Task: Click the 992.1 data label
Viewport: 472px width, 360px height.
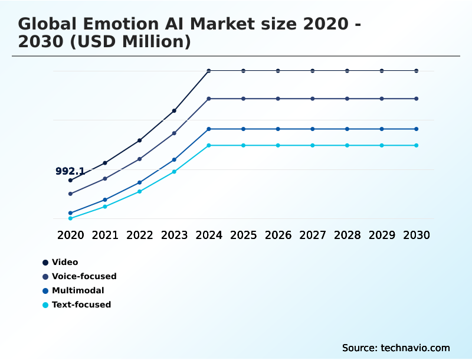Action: click(70, 172)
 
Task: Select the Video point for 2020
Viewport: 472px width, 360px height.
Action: click(70, 180)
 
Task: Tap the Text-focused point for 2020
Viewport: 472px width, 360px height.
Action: click(70, 218)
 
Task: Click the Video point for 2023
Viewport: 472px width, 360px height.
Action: click(174, 110)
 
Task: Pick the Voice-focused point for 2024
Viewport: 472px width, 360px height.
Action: click(209, 99)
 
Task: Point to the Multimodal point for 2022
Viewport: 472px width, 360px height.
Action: click(140, 182)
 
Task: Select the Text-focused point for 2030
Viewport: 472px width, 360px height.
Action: click(417, 145)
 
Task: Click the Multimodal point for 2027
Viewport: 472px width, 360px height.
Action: click(313, 129)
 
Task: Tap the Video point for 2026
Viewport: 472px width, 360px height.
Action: click(278, 71)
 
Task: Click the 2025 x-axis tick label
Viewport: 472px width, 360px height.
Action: click(243, 235)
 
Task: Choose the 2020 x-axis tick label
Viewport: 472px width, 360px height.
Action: click(70, 235)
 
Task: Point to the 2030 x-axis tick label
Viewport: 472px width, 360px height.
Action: click(417, 235)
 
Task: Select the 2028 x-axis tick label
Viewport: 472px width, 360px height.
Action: click(347, 235)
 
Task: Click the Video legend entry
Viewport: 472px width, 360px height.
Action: click(64, 262)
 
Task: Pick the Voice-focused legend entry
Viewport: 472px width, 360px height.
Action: click(84, 276)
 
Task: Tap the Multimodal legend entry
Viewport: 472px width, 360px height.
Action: click(77, 290)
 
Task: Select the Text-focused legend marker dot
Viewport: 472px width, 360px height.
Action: click(45, 305)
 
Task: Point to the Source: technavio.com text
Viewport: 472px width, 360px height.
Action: click(396, 348)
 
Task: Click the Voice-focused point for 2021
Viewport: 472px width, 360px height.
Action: click(105, 178)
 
